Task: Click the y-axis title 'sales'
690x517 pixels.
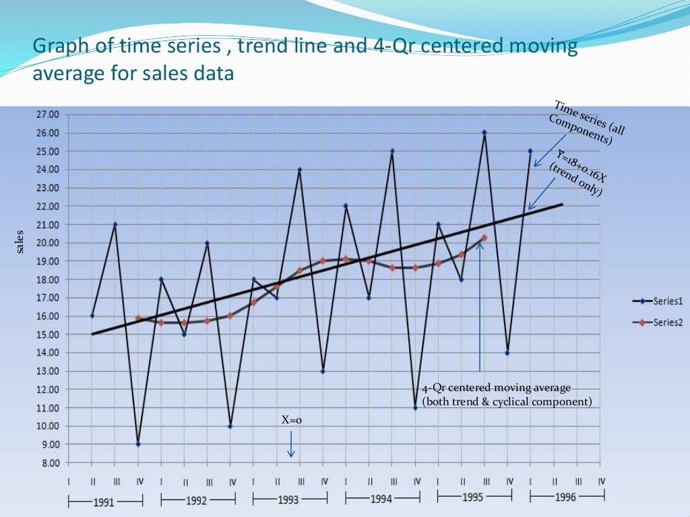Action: coord(20,242)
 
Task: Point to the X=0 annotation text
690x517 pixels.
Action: coord(291,420)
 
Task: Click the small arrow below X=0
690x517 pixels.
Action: coord(291,445)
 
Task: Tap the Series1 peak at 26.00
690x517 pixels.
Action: coord(484,133)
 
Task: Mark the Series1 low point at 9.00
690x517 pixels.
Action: coord(138,444)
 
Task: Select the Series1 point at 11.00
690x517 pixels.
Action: coord(416,408)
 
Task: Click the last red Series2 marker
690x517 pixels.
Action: coord(484,238)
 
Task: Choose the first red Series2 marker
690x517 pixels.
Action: coord(138,318)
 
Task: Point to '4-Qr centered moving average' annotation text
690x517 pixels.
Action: coord(497,388)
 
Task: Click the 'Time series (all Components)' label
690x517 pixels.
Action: coord(585,123)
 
